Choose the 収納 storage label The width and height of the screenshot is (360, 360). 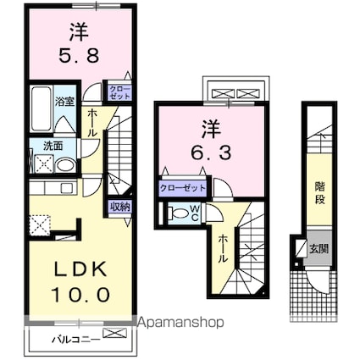[119, 206]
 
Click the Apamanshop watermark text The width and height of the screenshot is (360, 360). [180, 323]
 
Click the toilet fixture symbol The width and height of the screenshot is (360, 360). [176, 214]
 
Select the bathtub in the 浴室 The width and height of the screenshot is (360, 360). [40, 107]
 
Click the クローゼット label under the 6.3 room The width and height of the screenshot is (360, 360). [184, 188]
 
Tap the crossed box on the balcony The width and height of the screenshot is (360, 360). [114, 336]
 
